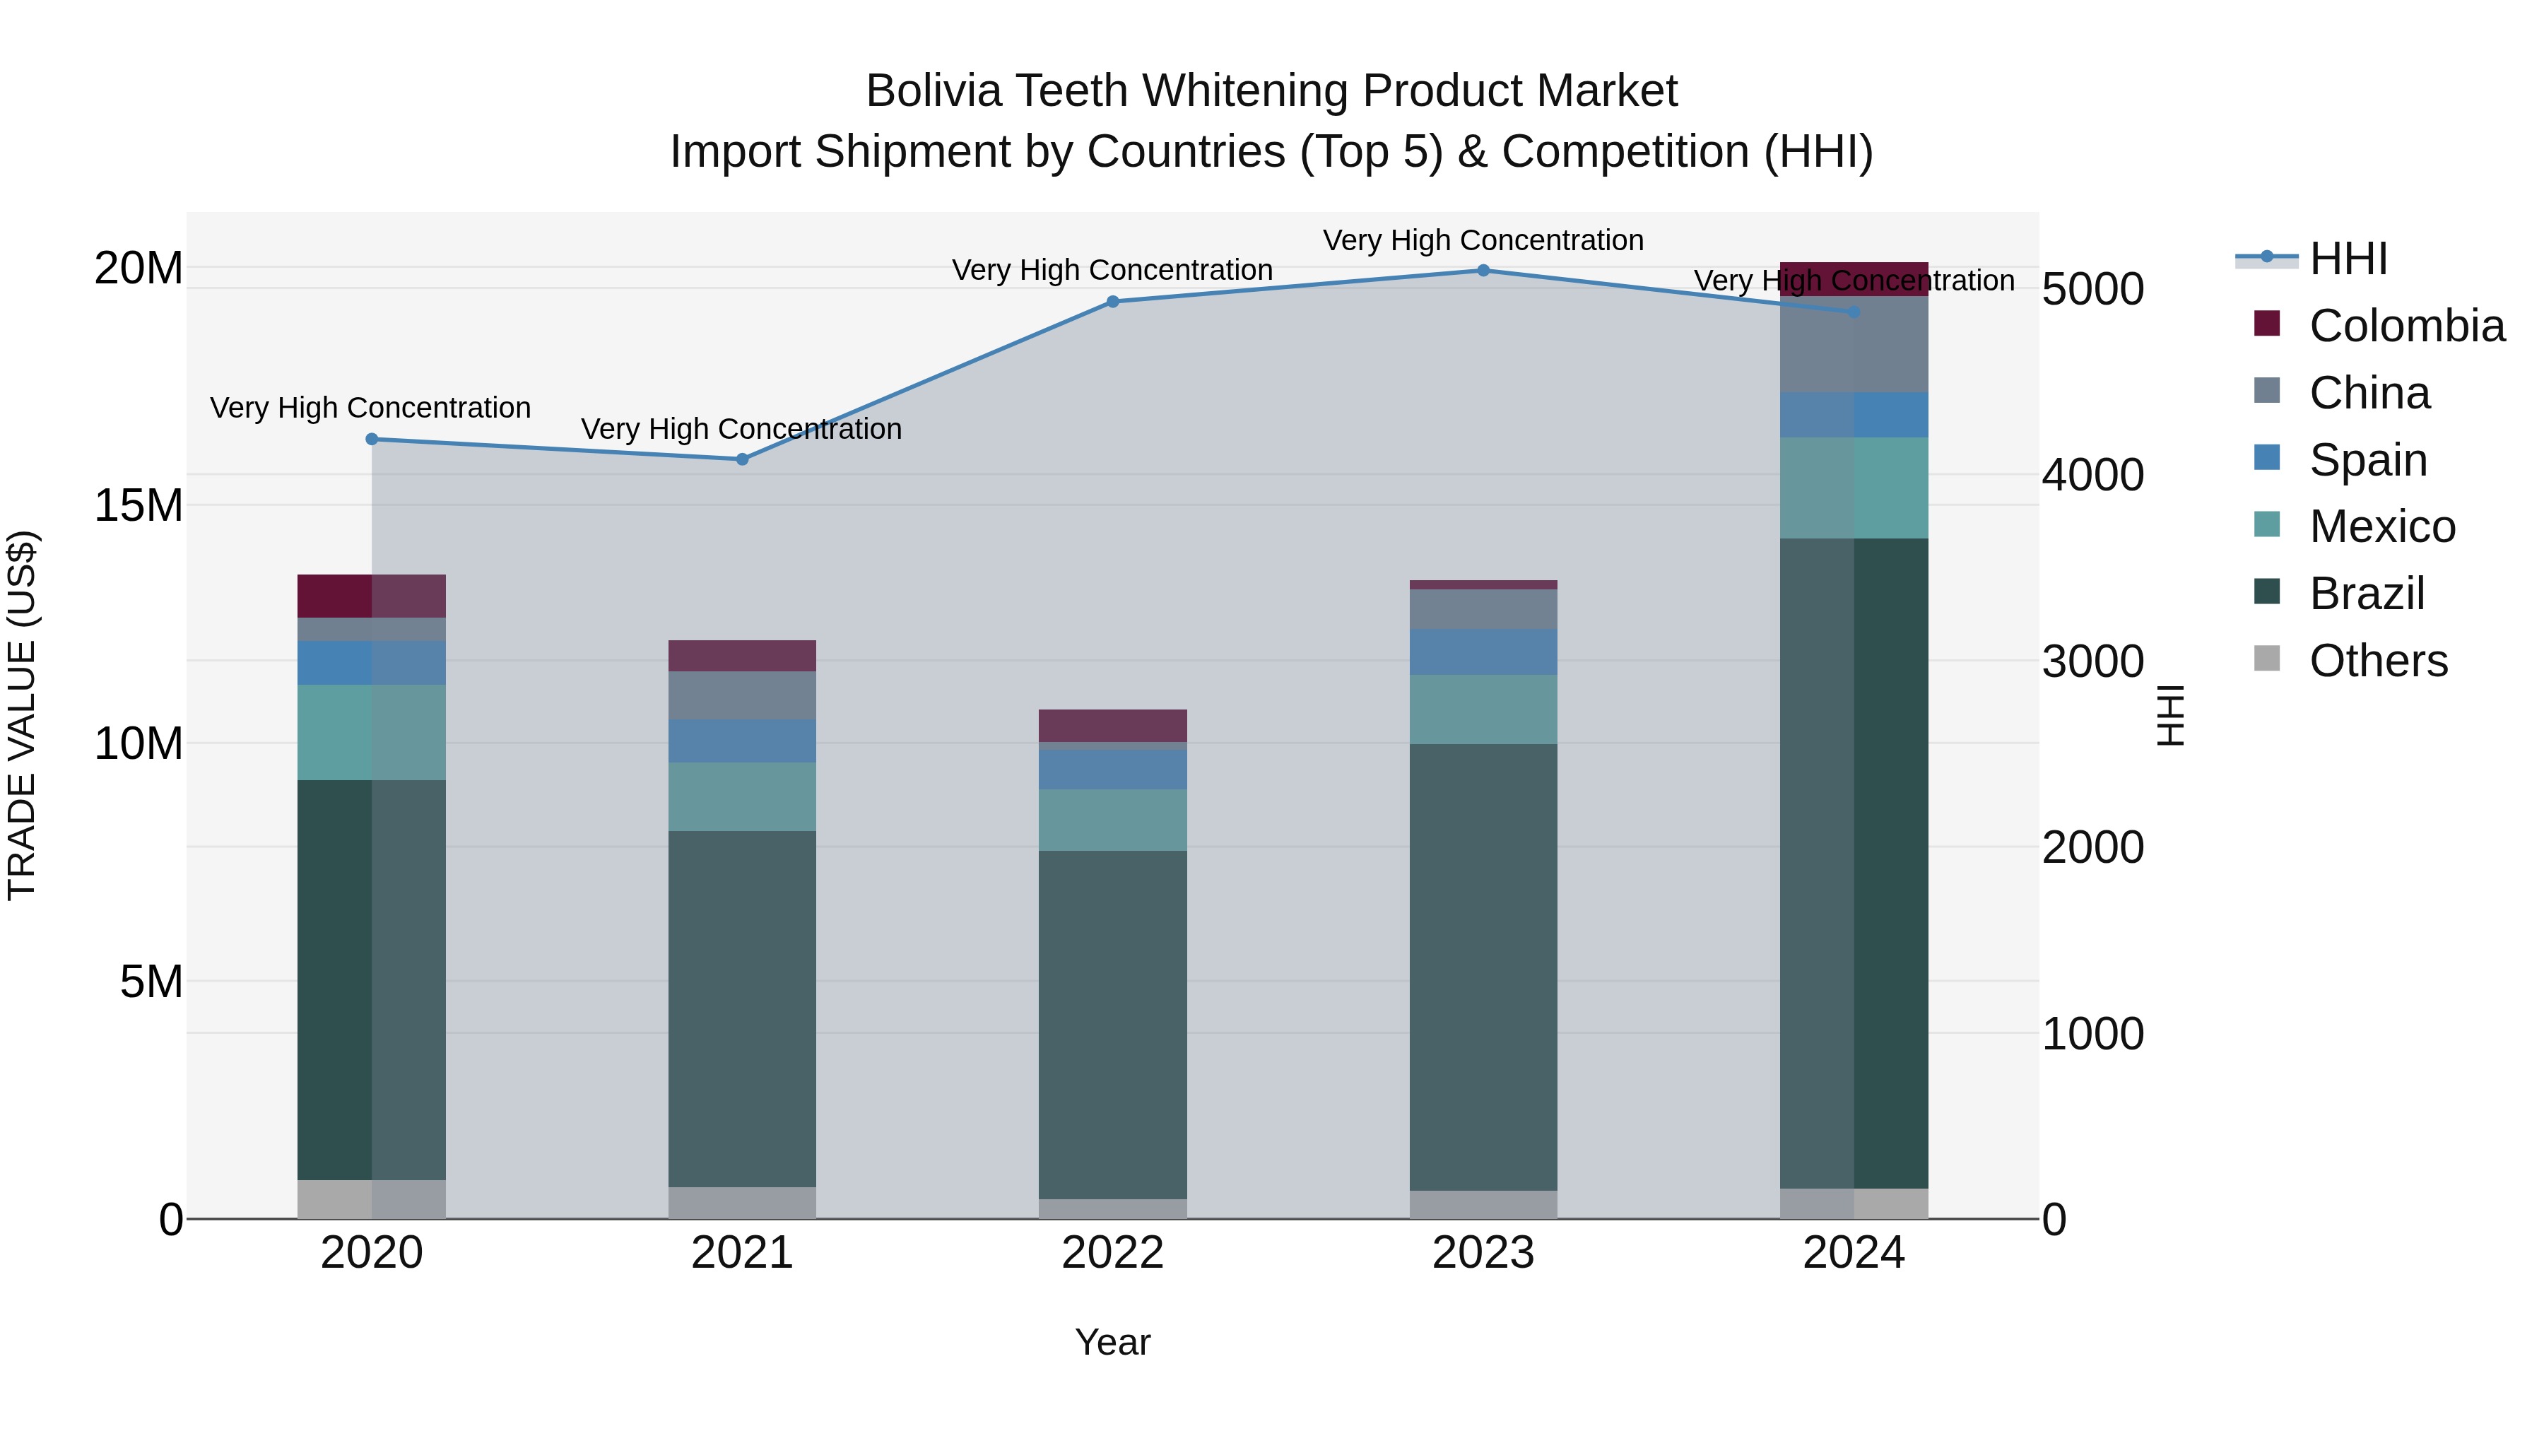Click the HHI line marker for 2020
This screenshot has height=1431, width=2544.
click(371, 440)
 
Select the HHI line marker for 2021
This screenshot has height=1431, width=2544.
click(743, 459)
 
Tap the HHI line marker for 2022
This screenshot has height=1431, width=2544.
click(1113, 302)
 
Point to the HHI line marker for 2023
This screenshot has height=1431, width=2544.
click(1483, 271)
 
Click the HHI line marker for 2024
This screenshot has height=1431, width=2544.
click(1854, 312)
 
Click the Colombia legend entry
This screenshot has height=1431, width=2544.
click(2405, 326)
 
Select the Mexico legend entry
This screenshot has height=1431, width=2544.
click(2381, 526)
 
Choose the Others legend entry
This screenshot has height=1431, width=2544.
click(2377, 661)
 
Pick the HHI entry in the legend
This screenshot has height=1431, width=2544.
click(2348, 259)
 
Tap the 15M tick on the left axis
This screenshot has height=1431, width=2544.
click(139, 506)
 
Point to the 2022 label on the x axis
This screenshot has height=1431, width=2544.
click(1113, 1253)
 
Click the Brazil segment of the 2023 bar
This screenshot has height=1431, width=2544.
click(1483, 968)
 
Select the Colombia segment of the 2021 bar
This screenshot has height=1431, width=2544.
click(743, 656)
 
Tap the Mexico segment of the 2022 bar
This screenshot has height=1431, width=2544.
click(1113, 820)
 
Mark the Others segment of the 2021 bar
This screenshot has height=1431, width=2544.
click(743, 1203)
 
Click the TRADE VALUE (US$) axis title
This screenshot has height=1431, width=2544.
click(23, 715)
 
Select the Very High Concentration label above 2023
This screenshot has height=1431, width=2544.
click(1483, 241)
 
